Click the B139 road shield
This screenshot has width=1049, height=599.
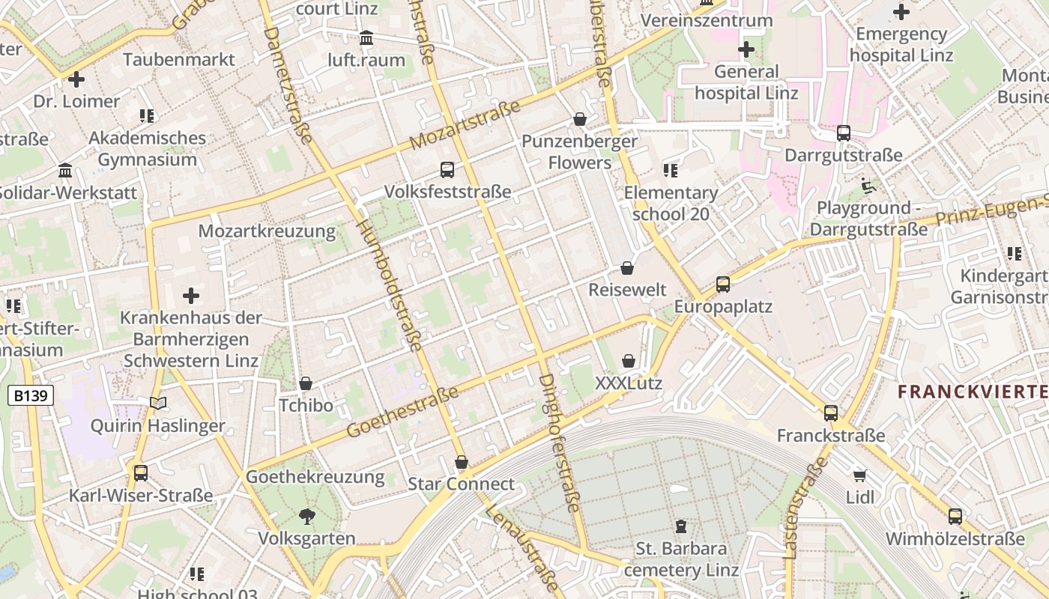[31, 395]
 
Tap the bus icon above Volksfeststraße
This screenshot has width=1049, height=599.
[447, 170]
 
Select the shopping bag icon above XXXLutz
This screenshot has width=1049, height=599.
[629, 362]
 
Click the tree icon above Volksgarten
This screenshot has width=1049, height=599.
[306, 516]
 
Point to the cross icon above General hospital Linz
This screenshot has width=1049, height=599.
[746, 50]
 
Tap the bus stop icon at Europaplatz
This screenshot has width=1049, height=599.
[723, 285]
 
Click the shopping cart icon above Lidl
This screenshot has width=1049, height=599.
[859, 475]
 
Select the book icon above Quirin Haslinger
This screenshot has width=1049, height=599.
[157, 404]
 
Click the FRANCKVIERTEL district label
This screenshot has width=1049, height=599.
[973, 391]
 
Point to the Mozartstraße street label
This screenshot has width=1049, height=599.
[465, 125]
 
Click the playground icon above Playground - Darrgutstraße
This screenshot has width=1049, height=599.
[868, 186]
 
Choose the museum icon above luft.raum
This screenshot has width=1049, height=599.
[366, 38]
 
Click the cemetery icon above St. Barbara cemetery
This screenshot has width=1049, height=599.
[681, 526]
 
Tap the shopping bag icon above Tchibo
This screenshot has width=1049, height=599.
[306, 384]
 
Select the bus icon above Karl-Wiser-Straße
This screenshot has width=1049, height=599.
[140, 473]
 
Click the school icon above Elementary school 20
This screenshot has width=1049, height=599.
[671, 171]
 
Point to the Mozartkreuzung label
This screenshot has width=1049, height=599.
[267, 231]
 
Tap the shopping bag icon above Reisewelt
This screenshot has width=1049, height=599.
[627, 268]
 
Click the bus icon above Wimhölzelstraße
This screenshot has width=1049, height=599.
[955, 517]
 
